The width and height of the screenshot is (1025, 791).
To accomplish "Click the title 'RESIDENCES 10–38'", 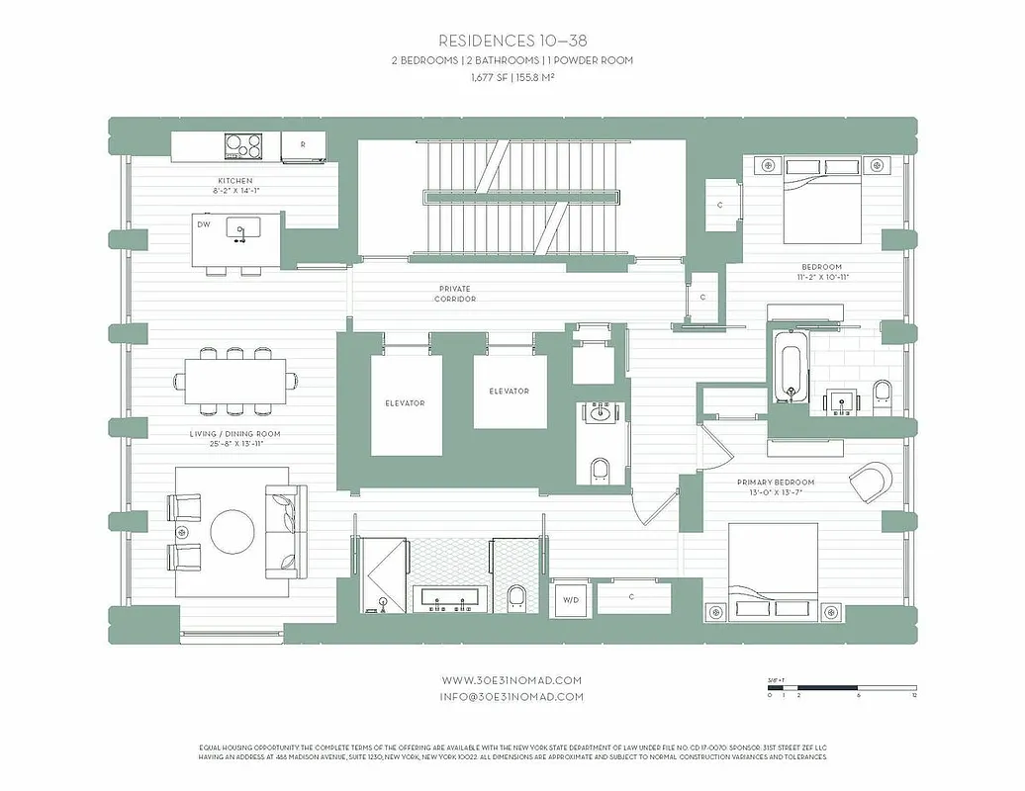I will click(x=512, y=41).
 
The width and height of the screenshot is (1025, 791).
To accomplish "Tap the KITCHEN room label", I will click(x=235, y=181).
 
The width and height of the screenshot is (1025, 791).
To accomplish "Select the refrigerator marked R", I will click(x=302, y=145).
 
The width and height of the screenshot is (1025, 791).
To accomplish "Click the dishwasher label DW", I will click(x=204, y=224).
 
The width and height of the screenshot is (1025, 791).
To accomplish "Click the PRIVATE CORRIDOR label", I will click(x=457, y=294).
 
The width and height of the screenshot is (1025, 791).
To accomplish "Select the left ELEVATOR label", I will click(x=405, y=403).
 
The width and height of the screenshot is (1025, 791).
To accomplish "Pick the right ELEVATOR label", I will click(x=509, y=392).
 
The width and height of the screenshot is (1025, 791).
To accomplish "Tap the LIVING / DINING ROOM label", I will click(x=235, y=434).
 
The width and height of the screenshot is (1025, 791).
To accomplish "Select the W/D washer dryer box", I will click(x=571, y=599).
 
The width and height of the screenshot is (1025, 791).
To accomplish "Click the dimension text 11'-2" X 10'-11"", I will click(x=822, y=278).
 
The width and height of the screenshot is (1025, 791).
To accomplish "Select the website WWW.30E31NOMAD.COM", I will click(x=512, y=680).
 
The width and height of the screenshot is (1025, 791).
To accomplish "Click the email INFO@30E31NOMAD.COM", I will click(x=512, y=696).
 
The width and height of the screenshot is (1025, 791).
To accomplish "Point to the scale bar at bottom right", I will click(x=843, y=687).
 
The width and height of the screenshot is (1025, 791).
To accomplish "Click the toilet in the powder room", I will click(x=601, y=469).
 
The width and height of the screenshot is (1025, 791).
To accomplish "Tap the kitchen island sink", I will click(x=238, y=230).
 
